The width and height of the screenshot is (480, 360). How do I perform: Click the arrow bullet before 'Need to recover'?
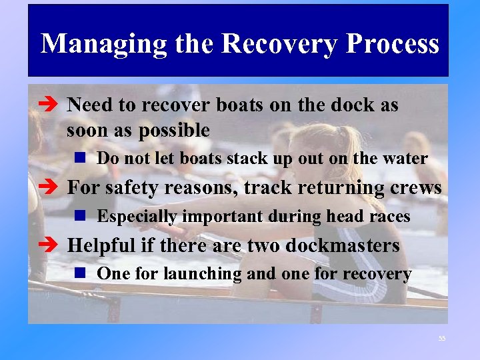53,105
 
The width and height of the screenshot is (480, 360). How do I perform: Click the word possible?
174,130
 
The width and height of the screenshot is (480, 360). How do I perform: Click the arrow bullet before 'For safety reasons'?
53,188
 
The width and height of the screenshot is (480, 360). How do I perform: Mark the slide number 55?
441,339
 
